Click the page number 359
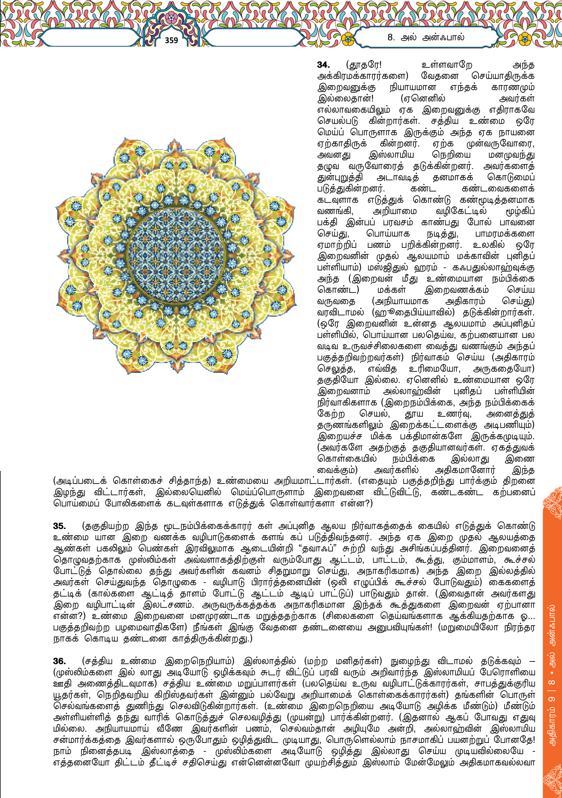[x=171, y=40]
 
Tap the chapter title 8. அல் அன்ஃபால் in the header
[x=426, y=37]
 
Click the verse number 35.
[x=60, y=526]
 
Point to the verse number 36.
[x=60, y=661]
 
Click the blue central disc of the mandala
[x=176, y=256]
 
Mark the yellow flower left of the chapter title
[x=347, y=40]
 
